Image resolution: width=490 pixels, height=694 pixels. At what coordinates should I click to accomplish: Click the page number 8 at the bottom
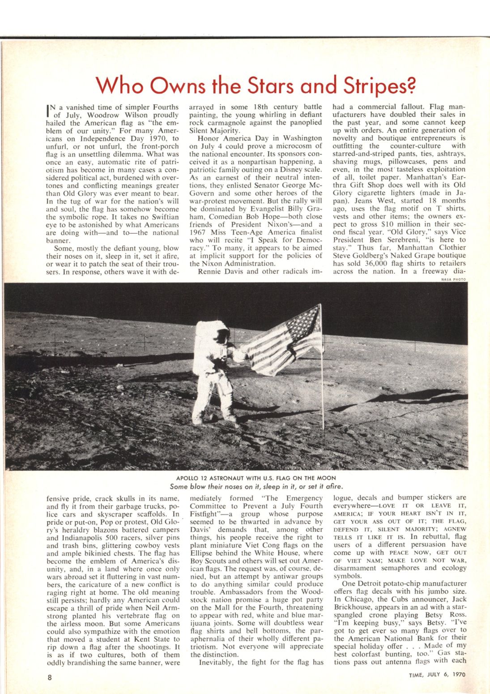[x=50, y=677]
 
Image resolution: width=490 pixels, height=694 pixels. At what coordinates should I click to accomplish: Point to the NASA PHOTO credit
[x=453, y=279]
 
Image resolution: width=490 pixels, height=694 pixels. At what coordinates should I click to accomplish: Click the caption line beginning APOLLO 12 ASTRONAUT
[x=256, y=478]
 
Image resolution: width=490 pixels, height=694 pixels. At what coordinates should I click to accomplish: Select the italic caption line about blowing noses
[x=256, y=486]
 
